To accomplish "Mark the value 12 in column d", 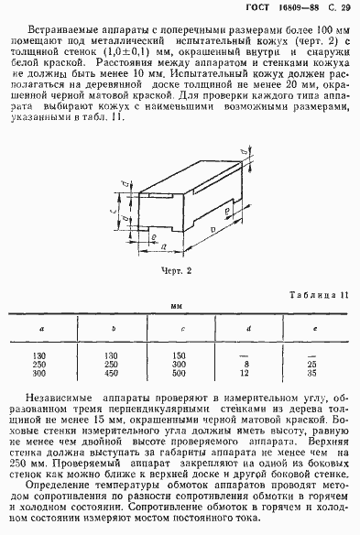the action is pyautogui.click(x=246, y=374).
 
